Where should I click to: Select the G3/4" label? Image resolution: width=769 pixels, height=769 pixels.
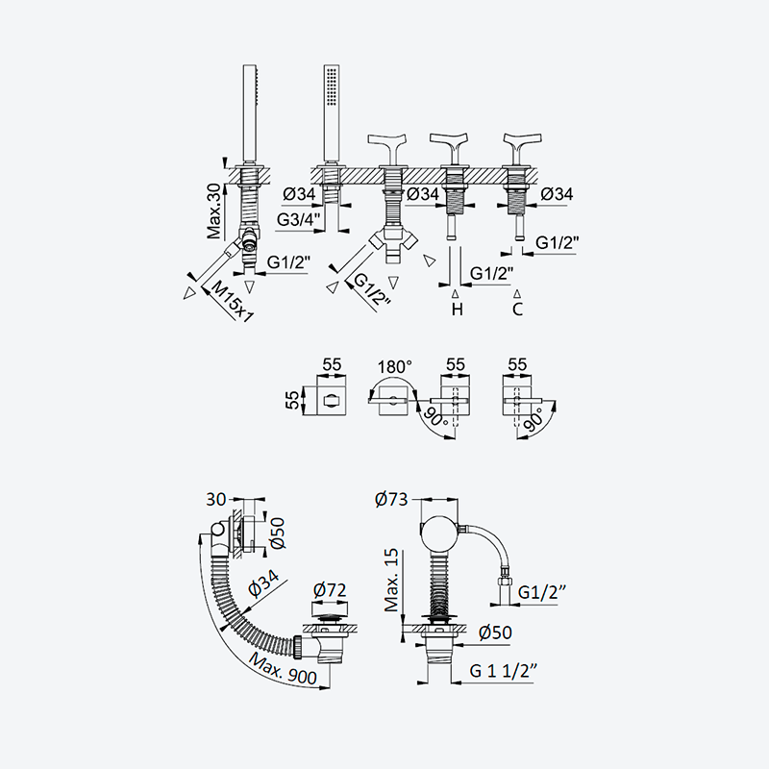tap(299, 220)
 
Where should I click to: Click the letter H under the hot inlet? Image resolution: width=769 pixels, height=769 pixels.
tap(458, 310)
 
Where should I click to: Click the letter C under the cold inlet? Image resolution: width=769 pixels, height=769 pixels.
tap(517, 310)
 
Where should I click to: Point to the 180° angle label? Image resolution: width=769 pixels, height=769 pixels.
tap(395, 366)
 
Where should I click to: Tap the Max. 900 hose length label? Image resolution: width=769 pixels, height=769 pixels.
tap(284, 668)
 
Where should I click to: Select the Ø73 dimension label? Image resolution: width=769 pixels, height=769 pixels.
tap(391, 499)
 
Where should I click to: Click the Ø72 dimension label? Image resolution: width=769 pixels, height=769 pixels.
tap(329, 590)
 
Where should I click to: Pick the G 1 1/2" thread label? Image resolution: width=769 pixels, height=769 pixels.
tap(504, 670)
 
